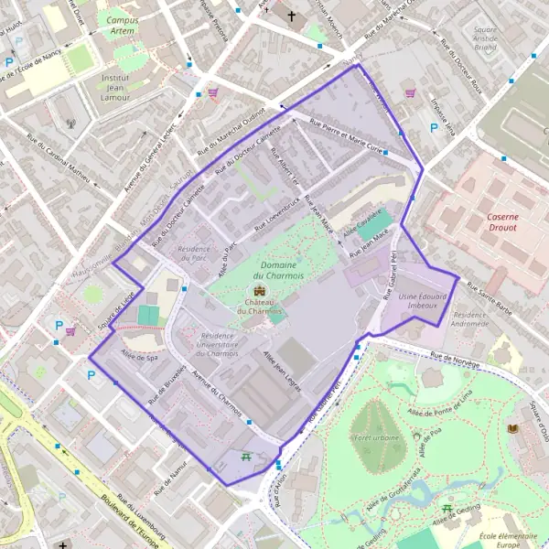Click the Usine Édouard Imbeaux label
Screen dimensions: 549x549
pyautogui.click(x=423, y=301)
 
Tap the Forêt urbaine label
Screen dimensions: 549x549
pyautogui.click(x=375, y=437)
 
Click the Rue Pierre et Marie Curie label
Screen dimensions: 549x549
pyautogui.click(x=346, y=138)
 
